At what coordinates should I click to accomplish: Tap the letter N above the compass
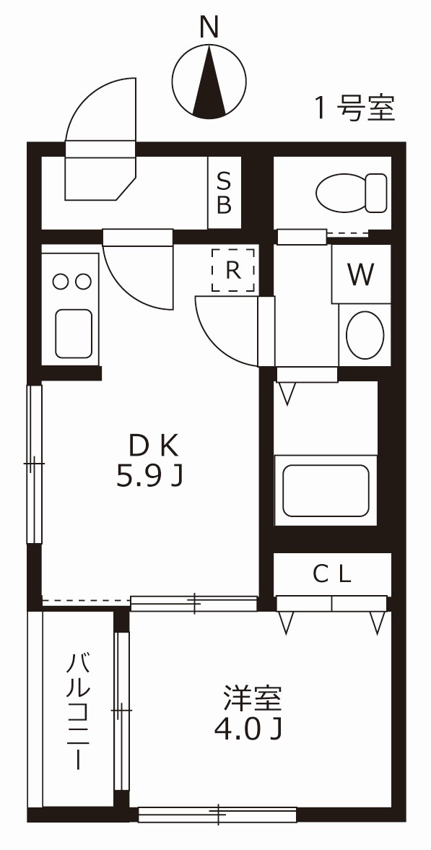point(209,27)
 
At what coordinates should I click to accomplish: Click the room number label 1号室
point(354,108)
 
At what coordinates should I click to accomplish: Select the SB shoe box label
point(225,193)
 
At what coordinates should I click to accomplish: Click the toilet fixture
point(352,192)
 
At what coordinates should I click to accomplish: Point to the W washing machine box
point(361,274)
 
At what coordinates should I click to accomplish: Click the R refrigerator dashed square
point(232,270)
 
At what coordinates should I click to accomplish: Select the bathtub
point(326,490)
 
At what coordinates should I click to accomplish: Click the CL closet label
point(331,574)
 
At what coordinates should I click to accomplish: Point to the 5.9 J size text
point(149,476)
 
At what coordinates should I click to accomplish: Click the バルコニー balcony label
point(79,711)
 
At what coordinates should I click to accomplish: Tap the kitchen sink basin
point(73,333)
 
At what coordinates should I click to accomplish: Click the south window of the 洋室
point(217,815)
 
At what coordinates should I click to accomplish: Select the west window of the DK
point(34,463)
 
